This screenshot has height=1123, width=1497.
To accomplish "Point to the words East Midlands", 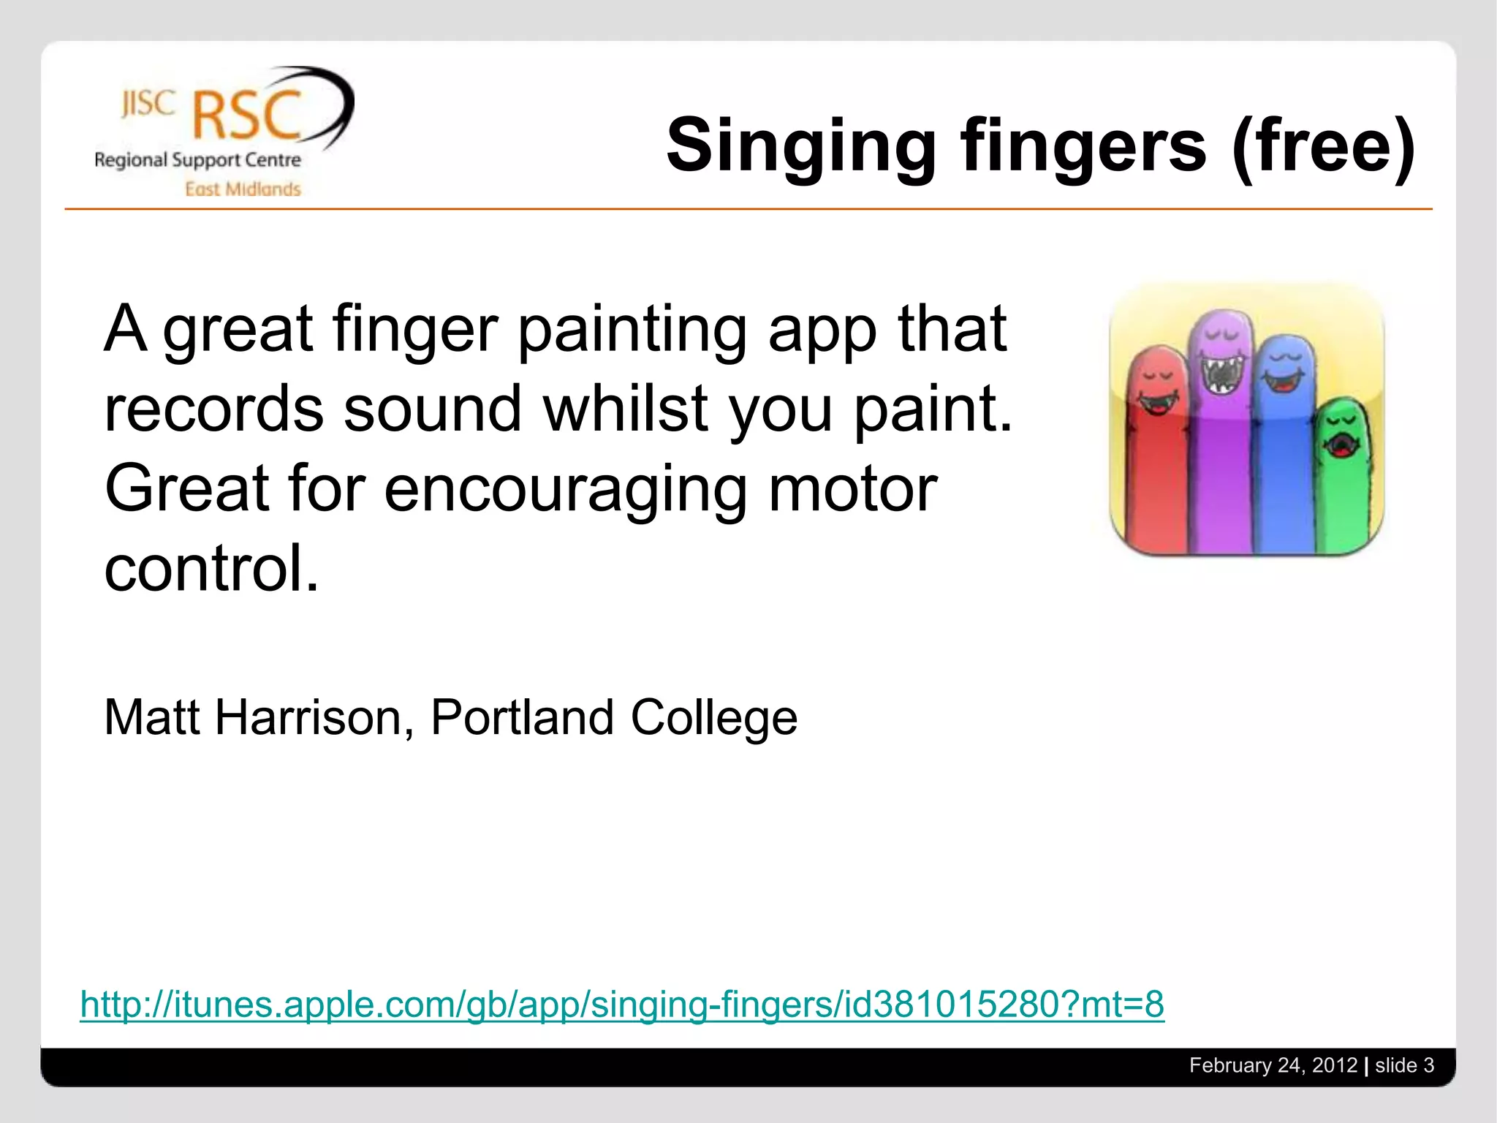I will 243,189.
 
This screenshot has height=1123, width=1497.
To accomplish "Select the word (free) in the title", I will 1323,146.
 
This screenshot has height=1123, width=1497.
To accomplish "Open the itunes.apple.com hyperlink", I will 621,1004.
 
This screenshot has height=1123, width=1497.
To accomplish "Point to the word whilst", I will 626,409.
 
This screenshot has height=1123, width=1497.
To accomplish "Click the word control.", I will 212,568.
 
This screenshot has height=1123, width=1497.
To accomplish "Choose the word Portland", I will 521,717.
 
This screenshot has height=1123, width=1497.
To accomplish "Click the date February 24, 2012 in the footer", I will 1273,1065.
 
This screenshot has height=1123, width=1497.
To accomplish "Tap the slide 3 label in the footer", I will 1404,1065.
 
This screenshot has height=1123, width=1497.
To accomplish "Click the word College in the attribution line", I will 713,719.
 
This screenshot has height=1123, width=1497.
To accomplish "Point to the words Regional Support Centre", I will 197,160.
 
